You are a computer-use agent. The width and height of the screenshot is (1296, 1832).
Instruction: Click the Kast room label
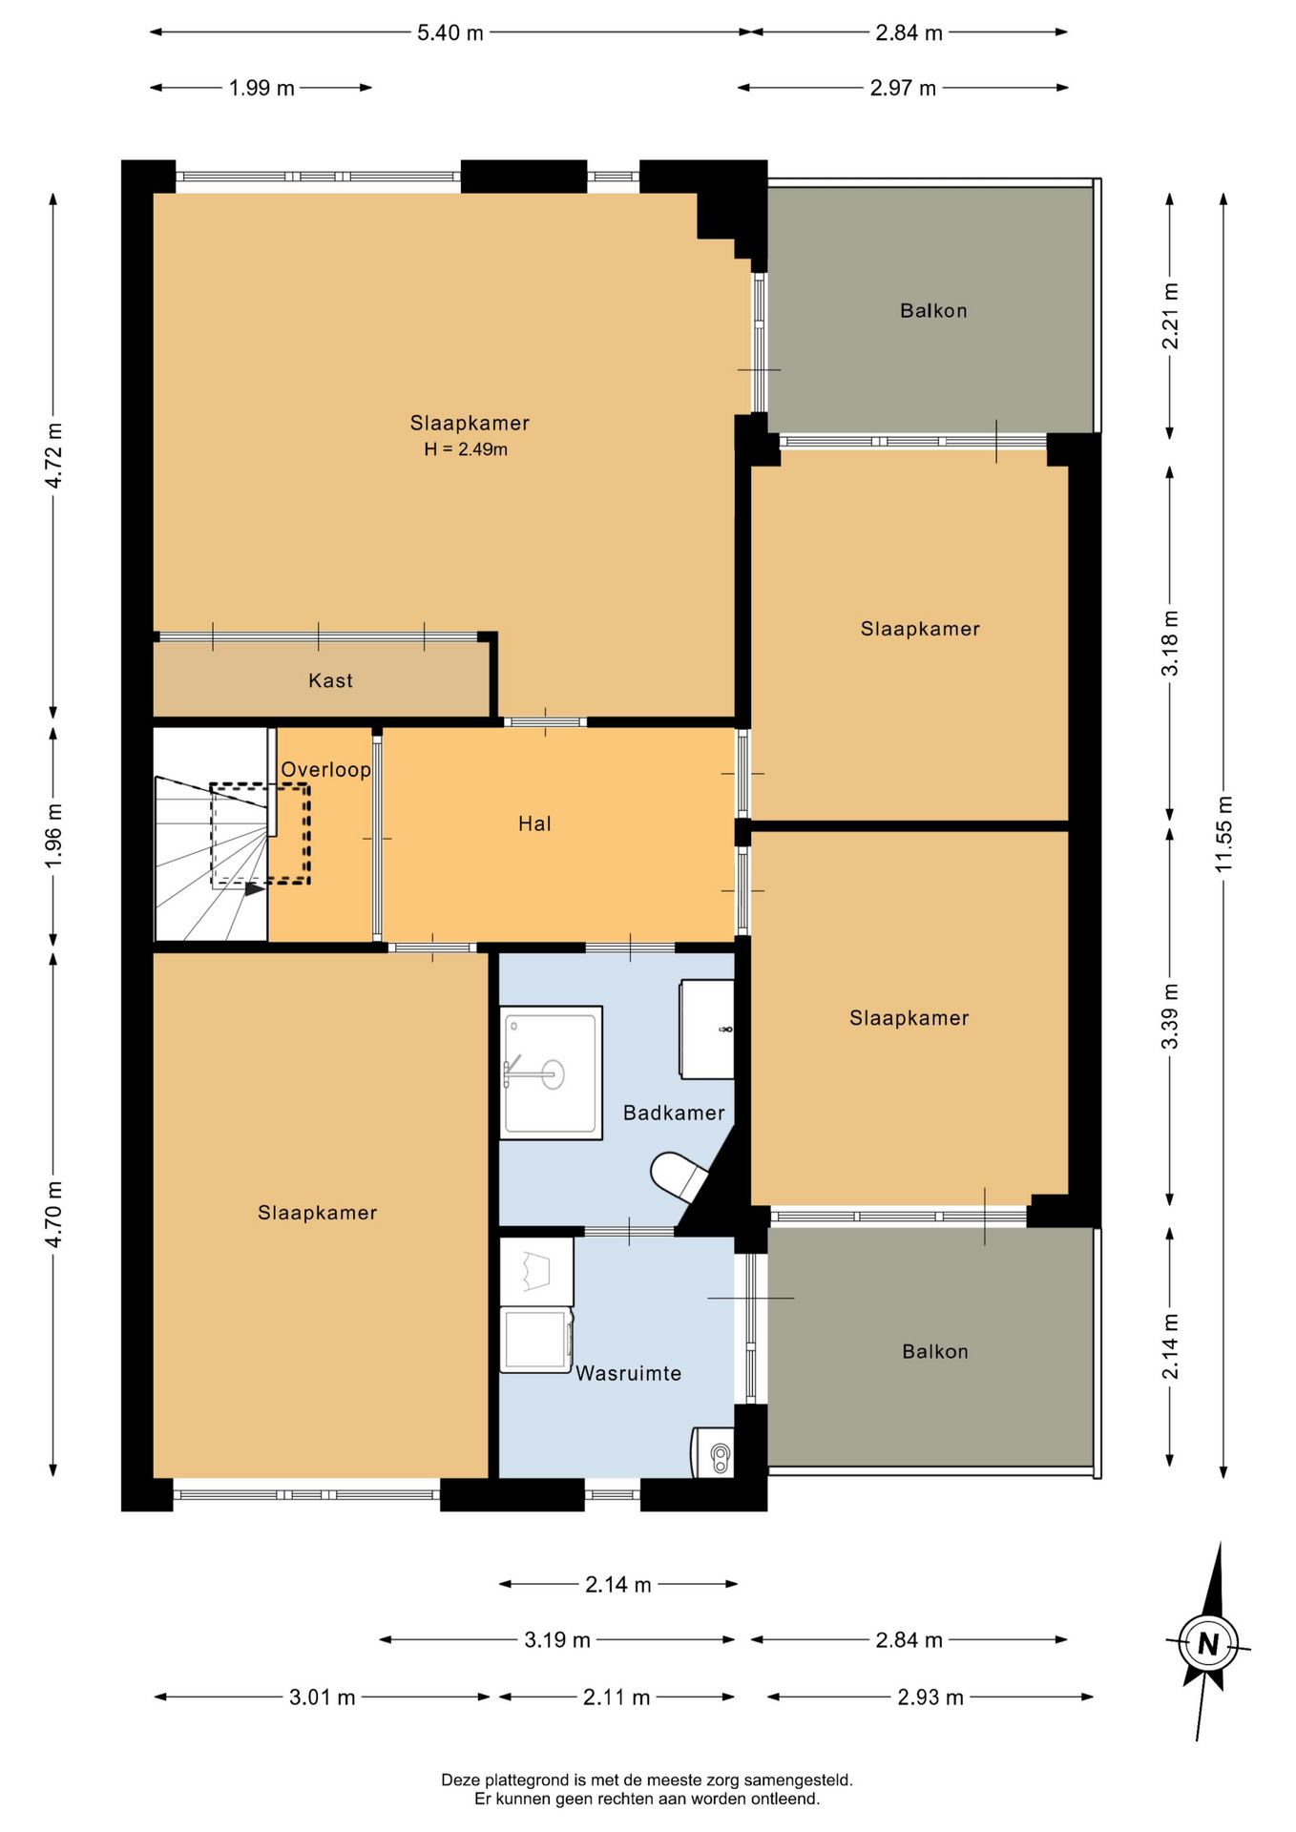tap(330, 680)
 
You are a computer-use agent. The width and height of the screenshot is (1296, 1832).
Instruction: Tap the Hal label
tap(534, 823)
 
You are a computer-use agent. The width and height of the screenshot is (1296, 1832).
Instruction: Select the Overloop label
tap(325, 769)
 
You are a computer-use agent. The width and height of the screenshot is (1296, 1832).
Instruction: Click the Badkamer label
tap(674, 1113)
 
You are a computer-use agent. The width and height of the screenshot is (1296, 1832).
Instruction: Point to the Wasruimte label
tap(628, 1373)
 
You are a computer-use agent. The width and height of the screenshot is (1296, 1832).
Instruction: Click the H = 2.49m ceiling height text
tap(466, 449)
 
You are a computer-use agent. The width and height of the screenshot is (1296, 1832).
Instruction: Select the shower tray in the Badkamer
tap(551, 1072)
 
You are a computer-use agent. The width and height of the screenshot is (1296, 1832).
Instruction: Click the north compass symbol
tap(1208, 1644)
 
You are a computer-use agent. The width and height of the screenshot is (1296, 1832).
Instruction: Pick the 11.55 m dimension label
tap(1224, 833)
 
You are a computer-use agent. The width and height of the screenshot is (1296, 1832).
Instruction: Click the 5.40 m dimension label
tap(450, 32)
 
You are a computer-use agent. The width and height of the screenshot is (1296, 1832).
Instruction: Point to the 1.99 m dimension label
tap(261, 88)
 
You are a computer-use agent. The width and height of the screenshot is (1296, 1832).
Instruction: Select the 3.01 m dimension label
tap(323, 1697)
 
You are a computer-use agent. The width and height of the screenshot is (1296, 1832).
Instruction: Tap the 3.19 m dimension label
tap(557, 1639)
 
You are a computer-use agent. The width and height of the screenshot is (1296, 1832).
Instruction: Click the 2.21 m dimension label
tap(1170, 316)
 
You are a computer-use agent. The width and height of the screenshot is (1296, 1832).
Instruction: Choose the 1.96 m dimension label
tap(53, 836)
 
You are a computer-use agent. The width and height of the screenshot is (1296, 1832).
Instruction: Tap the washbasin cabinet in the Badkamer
tap(707, 1030)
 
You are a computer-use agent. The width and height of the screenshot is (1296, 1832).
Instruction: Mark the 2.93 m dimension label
tap(930, 1697)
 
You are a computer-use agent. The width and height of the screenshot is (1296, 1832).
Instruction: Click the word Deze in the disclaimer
tap(460, 1780)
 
